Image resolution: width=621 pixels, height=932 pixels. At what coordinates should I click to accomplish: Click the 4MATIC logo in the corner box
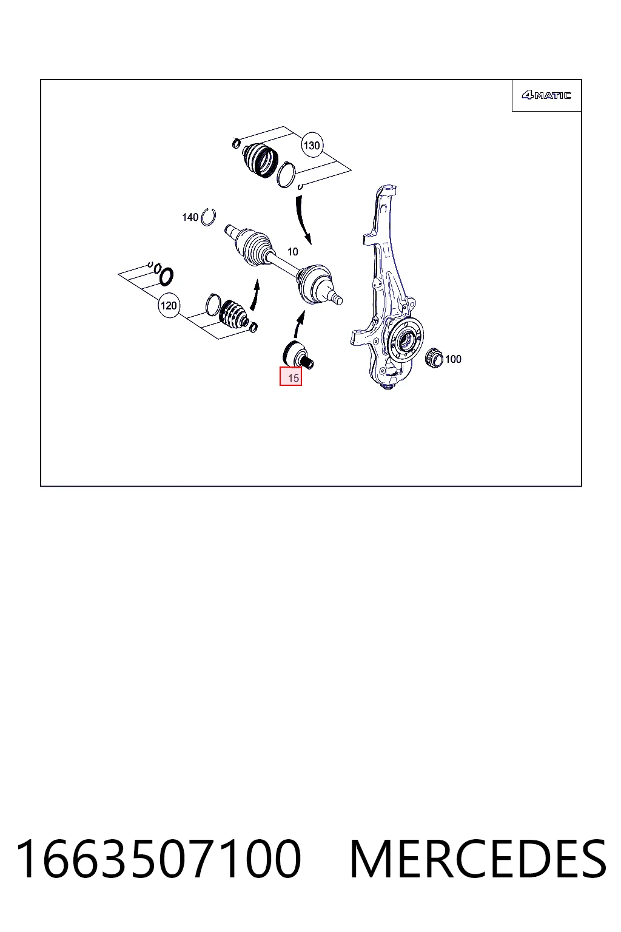546,95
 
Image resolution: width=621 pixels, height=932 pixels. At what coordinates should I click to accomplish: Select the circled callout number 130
312,145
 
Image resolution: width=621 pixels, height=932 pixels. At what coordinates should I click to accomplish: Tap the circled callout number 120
169,305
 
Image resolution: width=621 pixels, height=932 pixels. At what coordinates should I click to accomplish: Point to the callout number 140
190,217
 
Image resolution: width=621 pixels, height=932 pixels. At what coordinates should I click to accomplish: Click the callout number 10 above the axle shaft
293,252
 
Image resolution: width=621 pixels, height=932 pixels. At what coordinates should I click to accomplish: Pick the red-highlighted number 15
290,377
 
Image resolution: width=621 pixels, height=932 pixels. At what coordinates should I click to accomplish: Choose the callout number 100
453,359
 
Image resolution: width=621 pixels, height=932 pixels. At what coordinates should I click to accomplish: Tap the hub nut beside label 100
435,358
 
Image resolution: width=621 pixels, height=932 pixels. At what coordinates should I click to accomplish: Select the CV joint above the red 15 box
297,354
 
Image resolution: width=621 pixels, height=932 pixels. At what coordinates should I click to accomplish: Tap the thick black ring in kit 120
166,276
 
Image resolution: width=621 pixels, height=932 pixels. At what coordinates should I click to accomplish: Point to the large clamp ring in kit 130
286,175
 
